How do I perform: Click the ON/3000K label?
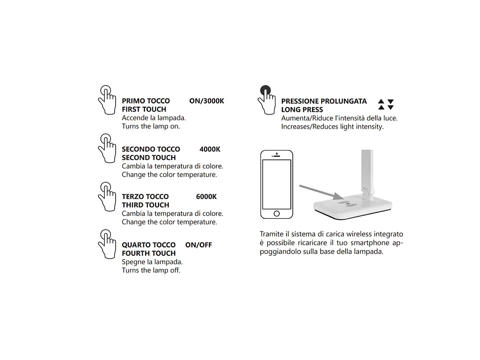pos(206,101)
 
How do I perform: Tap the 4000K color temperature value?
pos(210,149)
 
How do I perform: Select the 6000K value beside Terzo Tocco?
pos(206,196)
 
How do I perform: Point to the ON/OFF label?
pos(198,245)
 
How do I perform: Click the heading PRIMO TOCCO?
pos(146,101)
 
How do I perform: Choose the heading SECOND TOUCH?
pos(149,157)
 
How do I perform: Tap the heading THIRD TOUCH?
pos(145,205)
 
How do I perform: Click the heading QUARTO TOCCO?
pos(149,245)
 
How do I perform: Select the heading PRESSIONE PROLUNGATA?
pos(324,101)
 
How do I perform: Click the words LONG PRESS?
pos(302,110)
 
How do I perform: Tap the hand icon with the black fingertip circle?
pos(266,99)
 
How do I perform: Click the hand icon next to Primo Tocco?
pos(107,99)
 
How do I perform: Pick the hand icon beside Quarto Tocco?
pos(107,244)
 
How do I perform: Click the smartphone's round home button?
pos(276,213)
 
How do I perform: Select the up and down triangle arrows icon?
pos(386,105)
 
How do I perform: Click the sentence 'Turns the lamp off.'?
pos(151,270)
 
